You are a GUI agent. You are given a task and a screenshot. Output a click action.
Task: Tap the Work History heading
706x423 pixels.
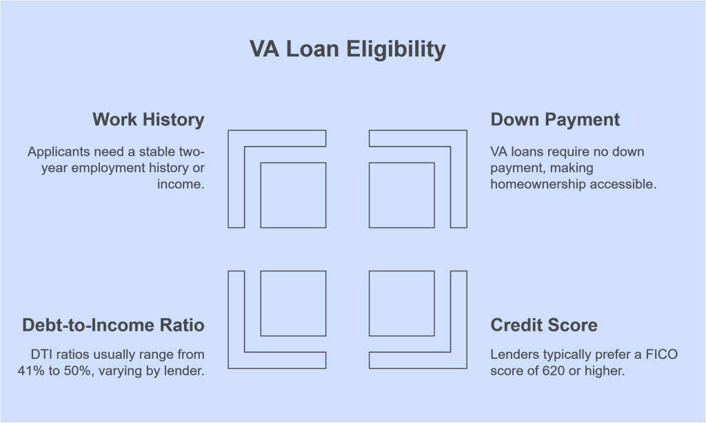pos(148,119)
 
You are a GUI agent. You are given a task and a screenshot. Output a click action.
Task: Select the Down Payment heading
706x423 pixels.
pos(555,119)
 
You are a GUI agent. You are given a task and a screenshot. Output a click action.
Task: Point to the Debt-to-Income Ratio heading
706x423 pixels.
pos(113,324)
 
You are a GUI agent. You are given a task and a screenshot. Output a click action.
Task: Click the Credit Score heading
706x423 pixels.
pos(543,324)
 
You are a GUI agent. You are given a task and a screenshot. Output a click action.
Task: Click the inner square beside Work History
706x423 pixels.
pos(293,195)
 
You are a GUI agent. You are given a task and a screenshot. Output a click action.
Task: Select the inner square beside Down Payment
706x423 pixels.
pos(402,195)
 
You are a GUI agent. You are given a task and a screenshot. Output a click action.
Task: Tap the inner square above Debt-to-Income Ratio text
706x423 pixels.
pos(293,303)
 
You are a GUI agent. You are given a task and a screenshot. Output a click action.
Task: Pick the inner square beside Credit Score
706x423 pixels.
pos(402,303)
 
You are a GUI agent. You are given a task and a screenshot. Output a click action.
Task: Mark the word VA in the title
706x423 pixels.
pos(263,50)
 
